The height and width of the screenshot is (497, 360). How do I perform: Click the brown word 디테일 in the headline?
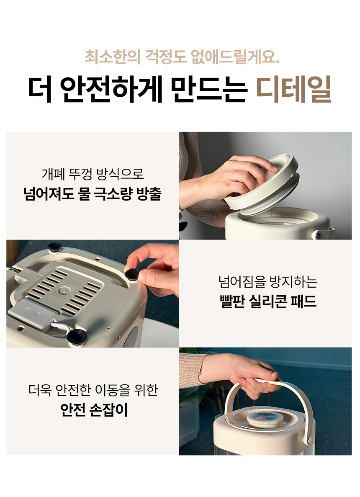click(x=293, y=89)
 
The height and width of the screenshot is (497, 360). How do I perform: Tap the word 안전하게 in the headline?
click(x=111, y=89)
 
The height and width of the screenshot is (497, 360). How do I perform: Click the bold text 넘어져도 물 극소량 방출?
click(x=93, y=194)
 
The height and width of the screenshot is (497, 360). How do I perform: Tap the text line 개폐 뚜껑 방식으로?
click(x=93, y=174)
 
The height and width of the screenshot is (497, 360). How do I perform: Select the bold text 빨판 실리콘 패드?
click(x=268, y=301)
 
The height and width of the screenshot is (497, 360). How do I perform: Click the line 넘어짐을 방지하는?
click(x=268, y=281)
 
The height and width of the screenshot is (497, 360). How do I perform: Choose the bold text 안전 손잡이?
click(x=94, y=409)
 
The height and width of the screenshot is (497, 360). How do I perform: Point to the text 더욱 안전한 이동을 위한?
click(x=93, y=390)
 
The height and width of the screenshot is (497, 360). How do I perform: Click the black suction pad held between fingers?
click(x=131, y=275)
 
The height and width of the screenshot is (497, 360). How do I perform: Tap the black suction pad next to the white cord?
click(x=76, y=337)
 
